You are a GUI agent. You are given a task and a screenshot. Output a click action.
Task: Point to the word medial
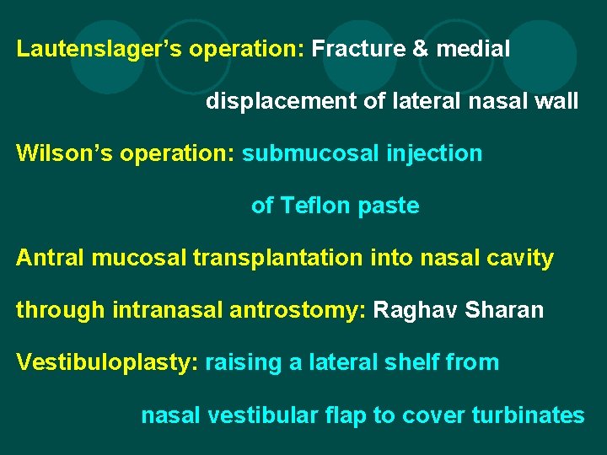click(x=474, y=49)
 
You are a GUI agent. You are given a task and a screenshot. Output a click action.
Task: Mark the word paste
click(x=389, y=206)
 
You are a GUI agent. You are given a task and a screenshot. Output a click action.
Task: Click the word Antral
click(x=50, y=258)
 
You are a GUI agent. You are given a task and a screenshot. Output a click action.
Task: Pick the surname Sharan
click(x=507, y=310)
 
